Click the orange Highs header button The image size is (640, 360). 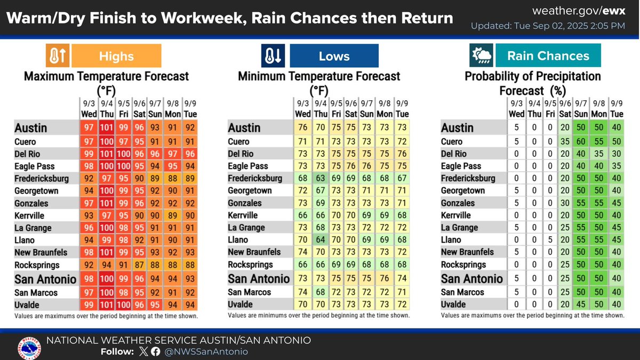click(x=116, y=56)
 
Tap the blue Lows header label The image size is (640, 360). click(x=334, y=56)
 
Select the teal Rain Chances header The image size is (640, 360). click(x=548, y=56)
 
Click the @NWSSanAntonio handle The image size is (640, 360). click(x=206, y=351)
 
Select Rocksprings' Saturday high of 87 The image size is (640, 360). click(x=140, y=265)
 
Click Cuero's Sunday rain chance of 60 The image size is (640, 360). click(x=584, y=142)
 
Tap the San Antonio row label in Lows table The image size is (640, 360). click(x=259, y=278)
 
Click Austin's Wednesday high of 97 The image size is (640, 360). click(x=89, y=128)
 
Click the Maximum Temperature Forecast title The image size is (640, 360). click(x=106, y=76)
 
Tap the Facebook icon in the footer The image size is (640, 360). click(x=155, y=351)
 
